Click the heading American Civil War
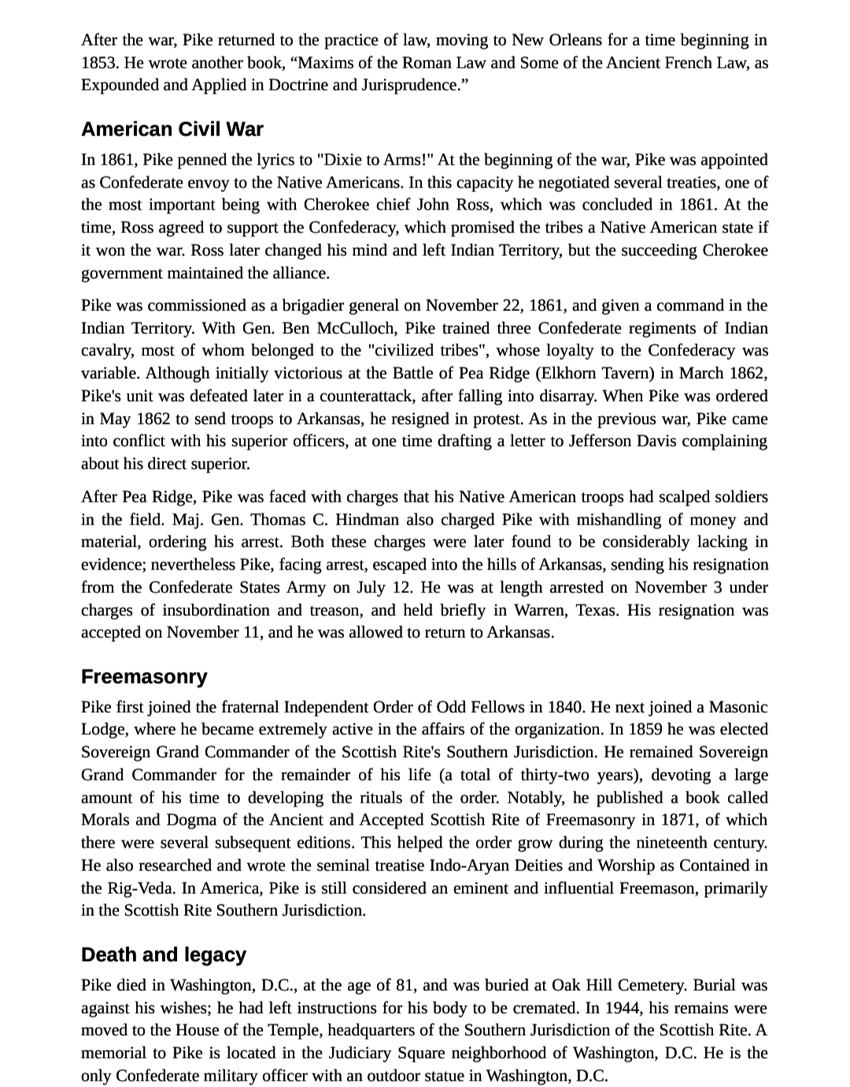point(172,129)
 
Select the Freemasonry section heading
point(144,677)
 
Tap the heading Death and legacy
point(164,955)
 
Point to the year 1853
point(98,62)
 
